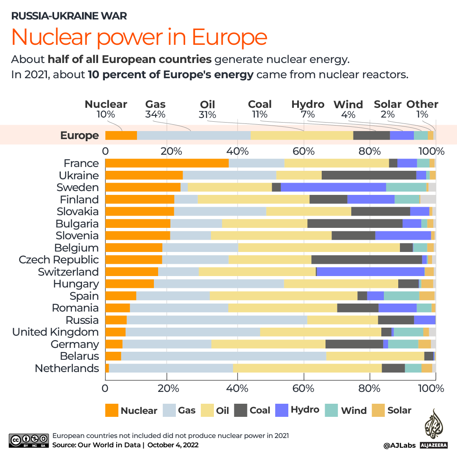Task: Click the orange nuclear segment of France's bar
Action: (x=167, y=163)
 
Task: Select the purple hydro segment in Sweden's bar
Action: (x=333, y=187)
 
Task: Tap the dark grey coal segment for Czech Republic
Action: (x=366, y=260)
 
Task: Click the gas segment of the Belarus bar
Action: (x=223, y=356)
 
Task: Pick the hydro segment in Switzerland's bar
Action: (x=370, y=272)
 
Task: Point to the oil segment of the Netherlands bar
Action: (x=307, y=368)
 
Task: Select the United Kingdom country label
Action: (x=55, y=332)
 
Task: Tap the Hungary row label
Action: (x=76, y=284)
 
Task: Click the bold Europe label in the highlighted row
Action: (x=79, y=135)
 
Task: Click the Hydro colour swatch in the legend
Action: (x=282, y=410)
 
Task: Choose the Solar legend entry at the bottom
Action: (x=378, y=410)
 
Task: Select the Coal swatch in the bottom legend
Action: (x=241, y=410)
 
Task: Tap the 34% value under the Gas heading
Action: (x=155, y=114)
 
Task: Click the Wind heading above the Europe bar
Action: (x=348, y=105)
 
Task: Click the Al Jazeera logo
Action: (x=432, y=429)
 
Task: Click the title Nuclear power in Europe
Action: (x=139, y=37)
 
